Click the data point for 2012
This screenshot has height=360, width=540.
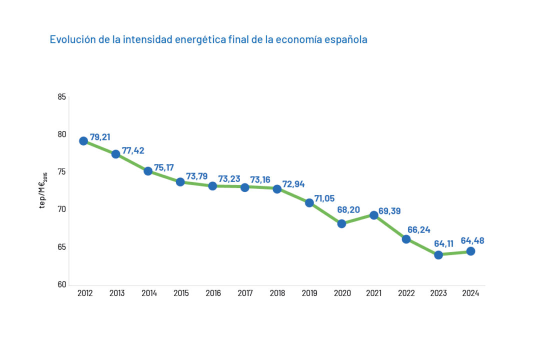pos(83,141)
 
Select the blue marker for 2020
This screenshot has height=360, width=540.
pos(341,223)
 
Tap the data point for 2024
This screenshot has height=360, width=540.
pos(470,251)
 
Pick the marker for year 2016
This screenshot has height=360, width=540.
pos(212,186)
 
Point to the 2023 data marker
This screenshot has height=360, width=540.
pos(438,255)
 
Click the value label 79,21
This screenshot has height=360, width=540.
pos(100,136)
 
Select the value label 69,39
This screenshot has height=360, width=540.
pos(390,211)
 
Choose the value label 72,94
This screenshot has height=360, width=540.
pos(293,184)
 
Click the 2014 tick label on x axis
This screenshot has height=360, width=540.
pos(149,293)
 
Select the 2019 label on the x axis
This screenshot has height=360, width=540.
pos(309,293)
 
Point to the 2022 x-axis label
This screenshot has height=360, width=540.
pos(406,293)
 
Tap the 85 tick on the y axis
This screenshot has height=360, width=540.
pos(62,97)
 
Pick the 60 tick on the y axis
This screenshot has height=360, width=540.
pos(62,285)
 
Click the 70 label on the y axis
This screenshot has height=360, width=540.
pos(62,209)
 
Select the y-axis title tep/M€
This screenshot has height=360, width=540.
pos(43,190)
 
